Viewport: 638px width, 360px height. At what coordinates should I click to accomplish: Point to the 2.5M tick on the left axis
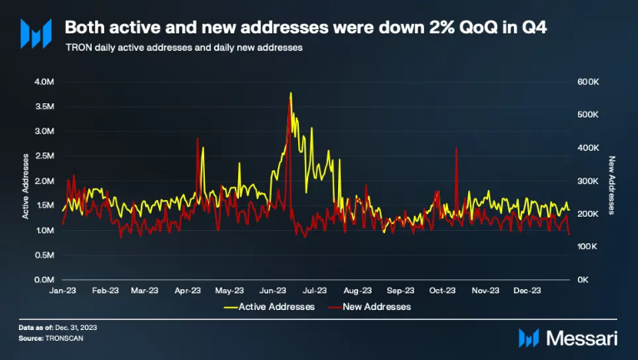43,156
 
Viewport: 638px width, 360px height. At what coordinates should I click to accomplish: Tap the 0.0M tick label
43,280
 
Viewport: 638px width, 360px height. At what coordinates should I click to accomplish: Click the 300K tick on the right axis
588,181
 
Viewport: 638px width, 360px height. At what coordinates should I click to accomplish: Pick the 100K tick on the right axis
588,247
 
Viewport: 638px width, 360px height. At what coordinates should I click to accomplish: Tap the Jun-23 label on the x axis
273,291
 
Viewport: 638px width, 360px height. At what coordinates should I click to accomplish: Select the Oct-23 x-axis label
442,291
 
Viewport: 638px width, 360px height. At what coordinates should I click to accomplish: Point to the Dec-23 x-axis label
527,291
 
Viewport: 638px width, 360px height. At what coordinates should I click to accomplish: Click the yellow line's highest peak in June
291,93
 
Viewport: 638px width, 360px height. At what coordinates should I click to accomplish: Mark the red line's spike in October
457,148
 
